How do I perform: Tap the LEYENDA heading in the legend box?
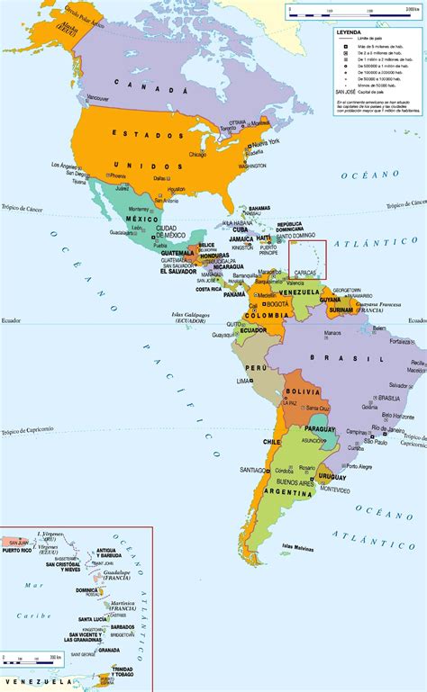pyautogui.click(x=350, y=31)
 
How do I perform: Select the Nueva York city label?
pyautogui.click(x=264, y=143)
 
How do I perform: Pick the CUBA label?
pyautogui.click(x=240, y=229)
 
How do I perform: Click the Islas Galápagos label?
pyautogui.click(x=191, y=316)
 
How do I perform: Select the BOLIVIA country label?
pyautogui.click(x=302, y=392)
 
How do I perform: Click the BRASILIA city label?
pyautogui.click(x=389, y=398)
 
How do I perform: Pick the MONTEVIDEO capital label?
pyautogui.click(x=334, y=489)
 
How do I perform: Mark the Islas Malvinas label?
pyautogui.click(x=298, y=546)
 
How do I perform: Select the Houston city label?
pyautogui.click(x=176, y=189)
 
